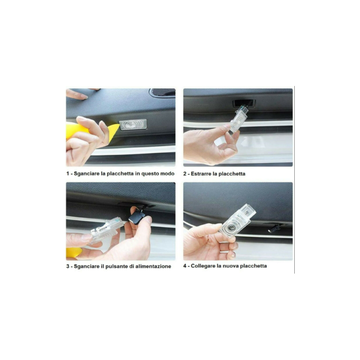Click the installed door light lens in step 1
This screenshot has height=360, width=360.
coord(133,125)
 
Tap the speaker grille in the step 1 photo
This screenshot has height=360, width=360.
coord(162,92)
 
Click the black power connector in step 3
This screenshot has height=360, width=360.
coord(137,218)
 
